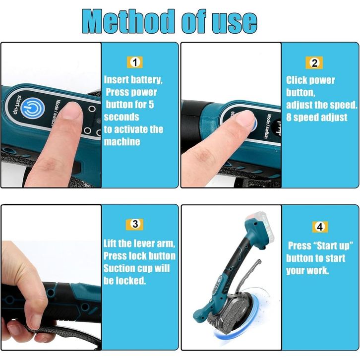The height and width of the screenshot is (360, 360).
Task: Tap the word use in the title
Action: [x=235, y=23]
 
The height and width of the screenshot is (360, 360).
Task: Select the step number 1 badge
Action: [x=135, y=62]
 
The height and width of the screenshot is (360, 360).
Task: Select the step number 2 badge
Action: [x=314, y=62]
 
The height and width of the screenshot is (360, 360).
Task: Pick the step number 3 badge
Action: [x=135, y=224]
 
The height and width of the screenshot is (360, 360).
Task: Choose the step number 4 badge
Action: [x=320, y=227]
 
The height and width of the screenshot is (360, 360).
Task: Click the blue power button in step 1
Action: [x=32, y=108]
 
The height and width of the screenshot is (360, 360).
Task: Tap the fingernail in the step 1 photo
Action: [x=72, y=110]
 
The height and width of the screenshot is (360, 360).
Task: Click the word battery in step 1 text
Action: [x=146, y=80]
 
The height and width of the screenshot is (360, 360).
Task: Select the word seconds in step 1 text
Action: [x=121, y=117]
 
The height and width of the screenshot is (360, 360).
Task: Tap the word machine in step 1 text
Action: [x=122, y=142]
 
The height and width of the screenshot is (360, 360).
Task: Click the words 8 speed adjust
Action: [x=316, y=118]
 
